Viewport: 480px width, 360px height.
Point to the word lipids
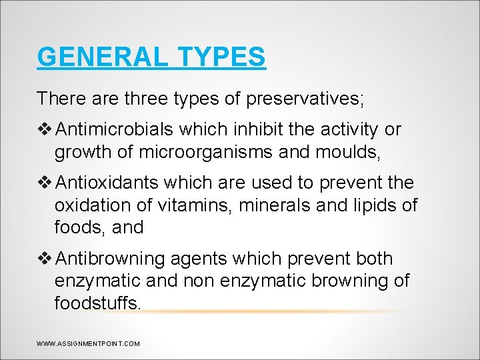(376, 205)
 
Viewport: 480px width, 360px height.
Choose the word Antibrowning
(113, 259)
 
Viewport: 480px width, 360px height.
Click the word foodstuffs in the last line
(98, 303)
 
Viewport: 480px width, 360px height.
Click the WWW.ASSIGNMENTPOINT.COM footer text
(89, 344)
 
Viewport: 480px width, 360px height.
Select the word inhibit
(266, 129)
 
